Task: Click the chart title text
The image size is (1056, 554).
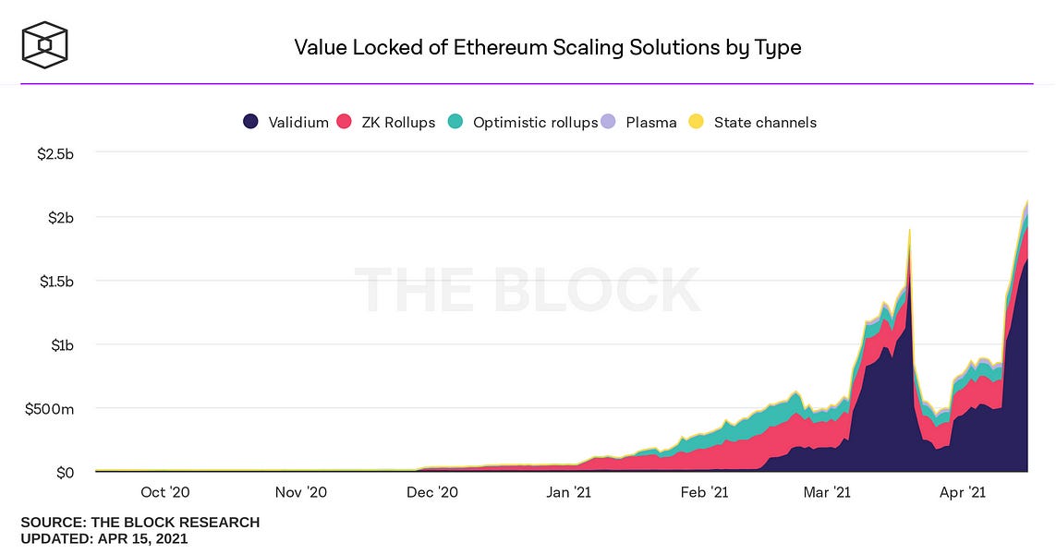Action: (x=547, y=46)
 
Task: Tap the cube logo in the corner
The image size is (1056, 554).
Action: (x=45, y=44)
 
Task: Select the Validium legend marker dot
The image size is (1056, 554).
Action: (x=250, y=122)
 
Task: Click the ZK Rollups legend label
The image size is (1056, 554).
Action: (x=397, y=122)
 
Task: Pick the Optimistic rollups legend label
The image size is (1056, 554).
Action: (x=535, y=122)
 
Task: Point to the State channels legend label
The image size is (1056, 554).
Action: (x=765, y=122)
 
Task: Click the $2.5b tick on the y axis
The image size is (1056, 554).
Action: (x=55, y=153)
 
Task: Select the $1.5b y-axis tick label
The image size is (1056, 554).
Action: (x=55, y=281)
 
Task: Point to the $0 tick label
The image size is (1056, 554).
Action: (x=65, y=473)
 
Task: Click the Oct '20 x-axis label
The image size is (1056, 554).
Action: (x=166, y=493)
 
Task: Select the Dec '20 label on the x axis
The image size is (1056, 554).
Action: (x=432, y=493)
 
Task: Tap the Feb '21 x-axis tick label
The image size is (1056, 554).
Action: (x=706, y=493)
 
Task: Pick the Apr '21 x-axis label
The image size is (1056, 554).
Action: (x=964, y=493)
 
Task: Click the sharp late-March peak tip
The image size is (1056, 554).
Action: (x=910, y=230)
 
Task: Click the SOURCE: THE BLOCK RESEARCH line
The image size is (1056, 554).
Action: (x=140, y=523)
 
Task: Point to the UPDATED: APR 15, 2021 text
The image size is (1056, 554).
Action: (x=104, y=538)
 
